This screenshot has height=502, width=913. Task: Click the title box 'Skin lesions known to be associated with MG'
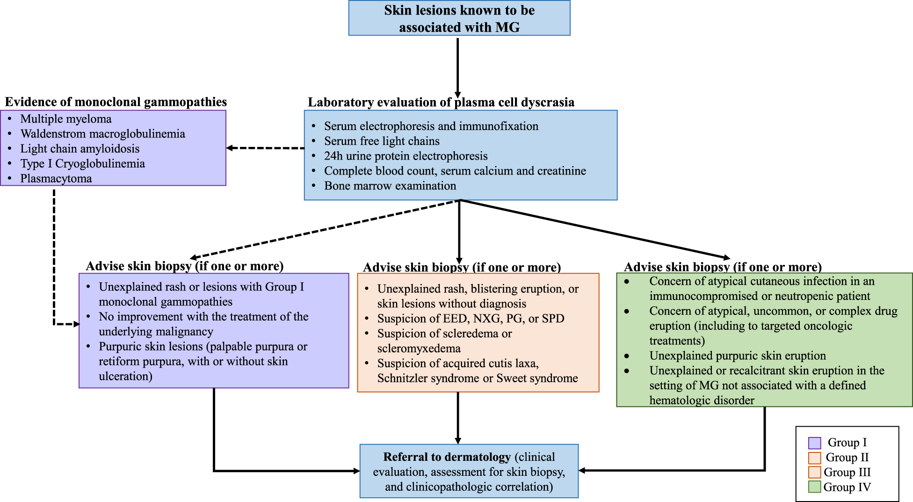pyautogui.click(x=459, y=18)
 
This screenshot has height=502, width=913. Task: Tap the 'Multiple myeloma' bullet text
pyautogui.click(x=66, y=119)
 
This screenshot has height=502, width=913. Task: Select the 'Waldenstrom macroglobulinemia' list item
pyautogui.click(x=102, y=134)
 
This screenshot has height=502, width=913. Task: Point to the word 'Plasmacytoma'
pyautogui.click(x=56, y=179)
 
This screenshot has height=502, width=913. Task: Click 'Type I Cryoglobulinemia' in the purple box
pyautogui.click(x=82, y=164)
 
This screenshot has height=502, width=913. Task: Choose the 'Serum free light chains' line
pyautogui.click(x=382, y=141)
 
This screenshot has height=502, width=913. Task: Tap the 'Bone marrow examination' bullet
pyautogui.click(x=390, y=186)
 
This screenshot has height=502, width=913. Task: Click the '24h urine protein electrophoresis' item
pyautogui.click(x=406, y=156)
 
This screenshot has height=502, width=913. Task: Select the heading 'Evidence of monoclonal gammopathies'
pyautogui.click(x=116, y=102)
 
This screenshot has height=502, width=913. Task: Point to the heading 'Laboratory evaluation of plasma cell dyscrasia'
pyautogui.click(x=441, y=102)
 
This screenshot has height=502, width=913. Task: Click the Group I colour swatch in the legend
pyautogui.click(x=814, y=443)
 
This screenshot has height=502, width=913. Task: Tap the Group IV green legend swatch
pyautogui.click(x=814, y=487)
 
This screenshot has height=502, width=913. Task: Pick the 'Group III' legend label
pyautogui.click(x=847, y=473)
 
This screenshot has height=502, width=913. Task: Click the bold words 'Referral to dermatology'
pyautogui.click(x=447, y=457)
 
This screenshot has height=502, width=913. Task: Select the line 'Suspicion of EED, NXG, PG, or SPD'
pyautogui.click(x=471, y=319)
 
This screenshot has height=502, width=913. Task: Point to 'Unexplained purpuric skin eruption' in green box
pyautogui.click(x=737, y=356)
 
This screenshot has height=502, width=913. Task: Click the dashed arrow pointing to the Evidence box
pyautogui.click(x=265, y=148)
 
